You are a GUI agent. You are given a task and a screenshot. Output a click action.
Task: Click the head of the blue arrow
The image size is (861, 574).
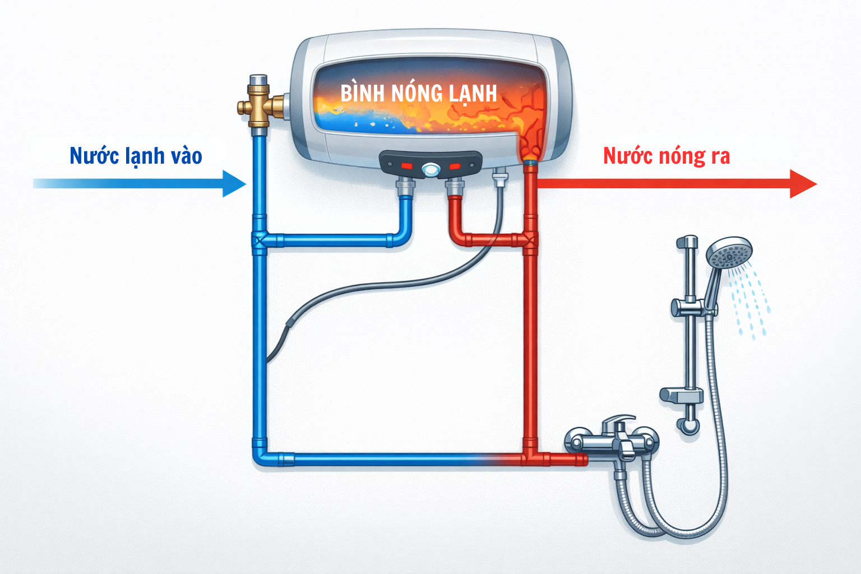234,183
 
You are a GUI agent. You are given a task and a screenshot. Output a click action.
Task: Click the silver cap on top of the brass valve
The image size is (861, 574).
258,81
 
